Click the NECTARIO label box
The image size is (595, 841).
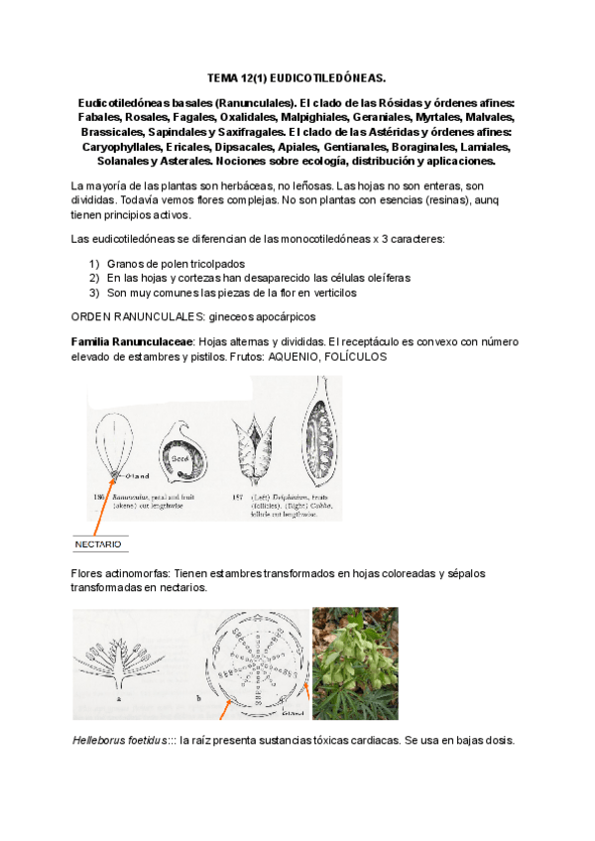coord(98,544)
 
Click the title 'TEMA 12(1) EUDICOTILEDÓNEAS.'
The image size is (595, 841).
coord(297,76)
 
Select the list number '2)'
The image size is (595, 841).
coord(94,279)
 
